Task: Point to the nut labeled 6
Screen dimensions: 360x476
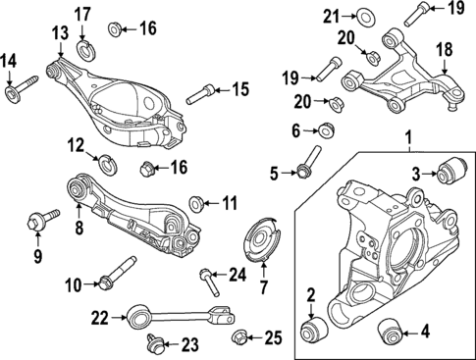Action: [x=326, y=129]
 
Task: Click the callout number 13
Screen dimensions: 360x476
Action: [x=61, y=33]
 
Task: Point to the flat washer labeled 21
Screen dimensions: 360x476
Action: [x=366, y=15]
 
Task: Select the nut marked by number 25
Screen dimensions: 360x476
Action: [x=239, y=338]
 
